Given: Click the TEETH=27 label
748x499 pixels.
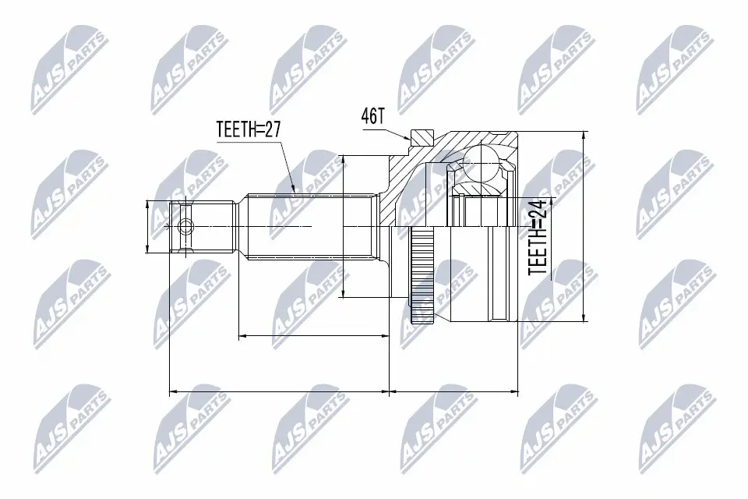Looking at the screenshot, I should (249, 129).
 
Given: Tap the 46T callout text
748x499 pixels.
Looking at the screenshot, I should (373, 116).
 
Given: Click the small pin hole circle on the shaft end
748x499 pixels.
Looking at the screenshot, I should (185, 227).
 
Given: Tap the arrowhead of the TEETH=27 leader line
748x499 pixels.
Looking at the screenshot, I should (294, 189).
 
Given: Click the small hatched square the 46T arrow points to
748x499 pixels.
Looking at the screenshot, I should (421, 138).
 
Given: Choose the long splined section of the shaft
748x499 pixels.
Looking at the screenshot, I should (312, 226).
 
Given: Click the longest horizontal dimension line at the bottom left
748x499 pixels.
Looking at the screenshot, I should (279, 392).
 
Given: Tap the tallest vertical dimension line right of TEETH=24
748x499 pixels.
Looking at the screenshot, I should (582, 226).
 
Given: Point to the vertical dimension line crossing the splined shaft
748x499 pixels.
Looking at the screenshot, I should (344, 226).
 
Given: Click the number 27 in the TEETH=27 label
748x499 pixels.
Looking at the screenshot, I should (273, 129).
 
